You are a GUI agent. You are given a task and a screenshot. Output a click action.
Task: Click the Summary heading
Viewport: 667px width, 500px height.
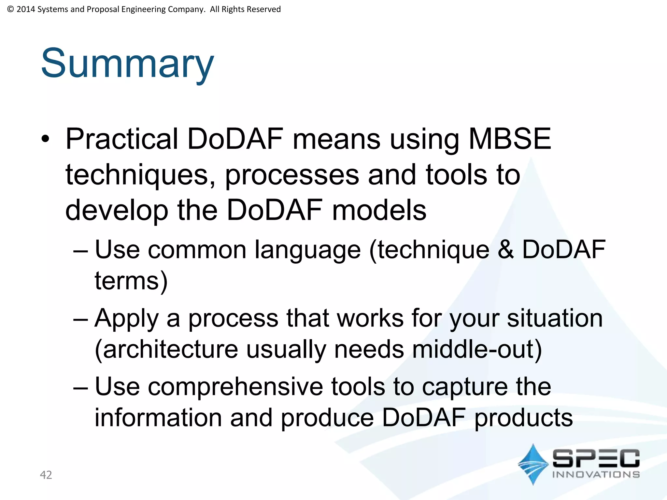(x=127, y=63)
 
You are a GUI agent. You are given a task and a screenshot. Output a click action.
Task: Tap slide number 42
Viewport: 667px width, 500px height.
(x=46, y=475)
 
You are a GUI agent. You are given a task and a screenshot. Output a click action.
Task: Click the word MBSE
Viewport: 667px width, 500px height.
(x=510, y=139)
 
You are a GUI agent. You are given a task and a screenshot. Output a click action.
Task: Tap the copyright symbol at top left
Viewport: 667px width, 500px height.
(x=10, y=9)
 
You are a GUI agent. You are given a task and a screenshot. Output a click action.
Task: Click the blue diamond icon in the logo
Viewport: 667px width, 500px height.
(x=533, y=464)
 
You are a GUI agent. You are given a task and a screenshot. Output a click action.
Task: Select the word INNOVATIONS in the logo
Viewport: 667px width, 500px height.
(x=596, y=475)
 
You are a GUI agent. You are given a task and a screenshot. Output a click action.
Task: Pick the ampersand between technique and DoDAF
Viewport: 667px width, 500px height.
(x=506, y=250)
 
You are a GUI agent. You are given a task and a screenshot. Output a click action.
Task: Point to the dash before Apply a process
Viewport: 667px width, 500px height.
(x=80, y=319)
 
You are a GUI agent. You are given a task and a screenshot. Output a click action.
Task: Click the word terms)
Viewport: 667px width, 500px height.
(x=131, y=281)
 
